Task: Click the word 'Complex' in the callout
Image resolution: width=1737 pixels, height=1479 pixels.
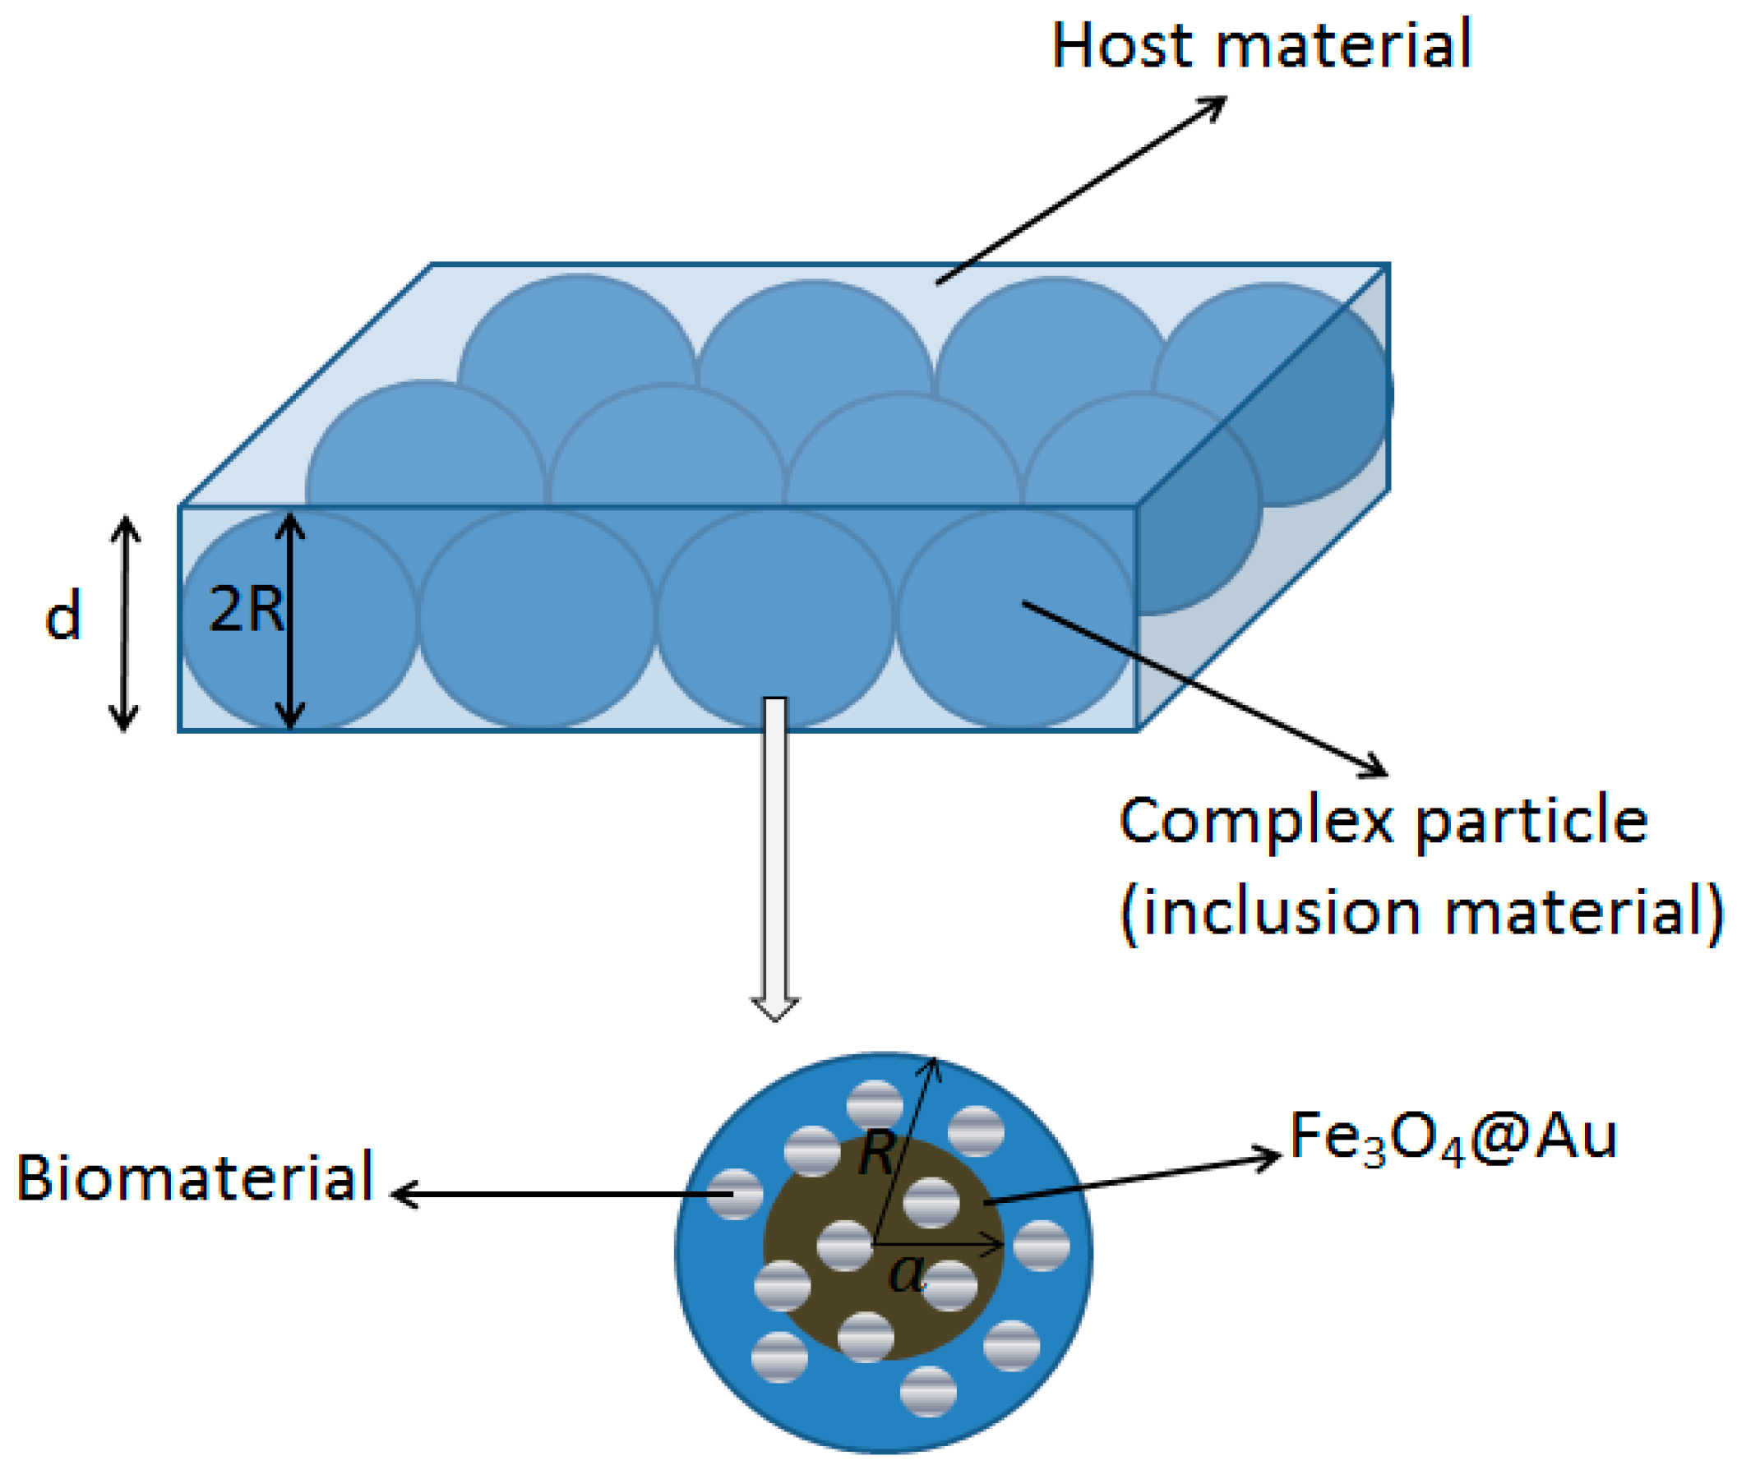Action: (x=1255, y=822)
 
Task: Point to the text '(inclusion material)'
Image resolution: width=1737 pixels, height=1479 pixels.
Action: (x=1421, y=913)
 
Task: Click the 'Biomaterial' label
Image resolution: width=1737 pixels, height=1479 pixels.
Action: (x=195, y=1178)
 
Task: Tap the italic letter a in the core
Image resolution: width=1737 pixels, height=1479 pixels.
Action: (x=906, y=1274)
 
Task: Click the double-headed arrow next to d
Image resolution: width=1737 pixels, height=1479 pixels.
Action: (x=125, y=624)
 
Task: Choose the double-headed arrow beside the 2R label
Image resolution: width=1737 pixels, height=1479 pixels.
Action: (x=290, y=621)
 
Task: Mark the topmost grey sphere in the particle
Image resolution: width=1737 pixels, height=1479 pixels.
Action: (x=875, y=1105)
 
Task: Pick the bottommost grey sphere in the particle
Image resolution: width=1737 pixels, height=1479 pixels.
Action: (x=928, y=1392)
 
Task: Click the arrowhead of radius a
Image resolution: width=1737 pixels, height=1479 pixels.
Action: (x=998, y=1245)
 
